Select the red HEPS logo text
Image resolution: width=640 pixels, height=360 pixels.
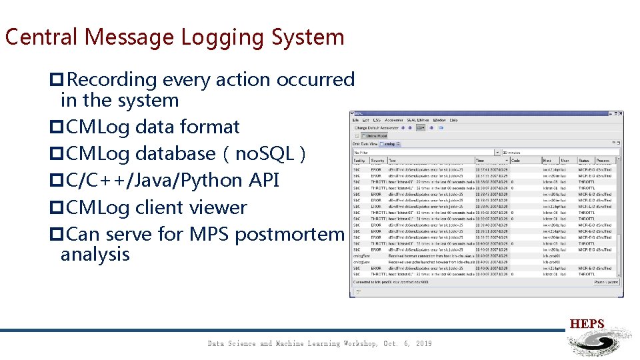pos(587,325)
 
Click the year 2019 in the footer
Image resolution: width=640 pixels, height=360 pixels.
pos(422,343)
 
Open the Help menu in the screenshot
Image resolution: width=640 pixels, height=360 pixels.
pos(454,120)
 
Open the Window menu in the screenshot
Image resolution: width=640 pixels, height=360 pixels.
pos(439,120)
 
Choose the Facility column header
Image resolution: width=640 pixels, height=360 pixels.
pos(359,161)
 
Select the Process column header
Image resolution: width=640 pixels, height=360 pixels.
pos(603,161)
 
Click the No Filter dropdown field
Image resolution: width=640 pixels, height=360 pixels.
pos(427,152)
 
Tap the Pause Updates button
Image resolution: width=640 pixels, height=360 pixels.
pos(606,282)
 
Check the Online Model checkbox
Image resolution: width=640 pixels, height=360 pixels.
pos(358,135)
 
